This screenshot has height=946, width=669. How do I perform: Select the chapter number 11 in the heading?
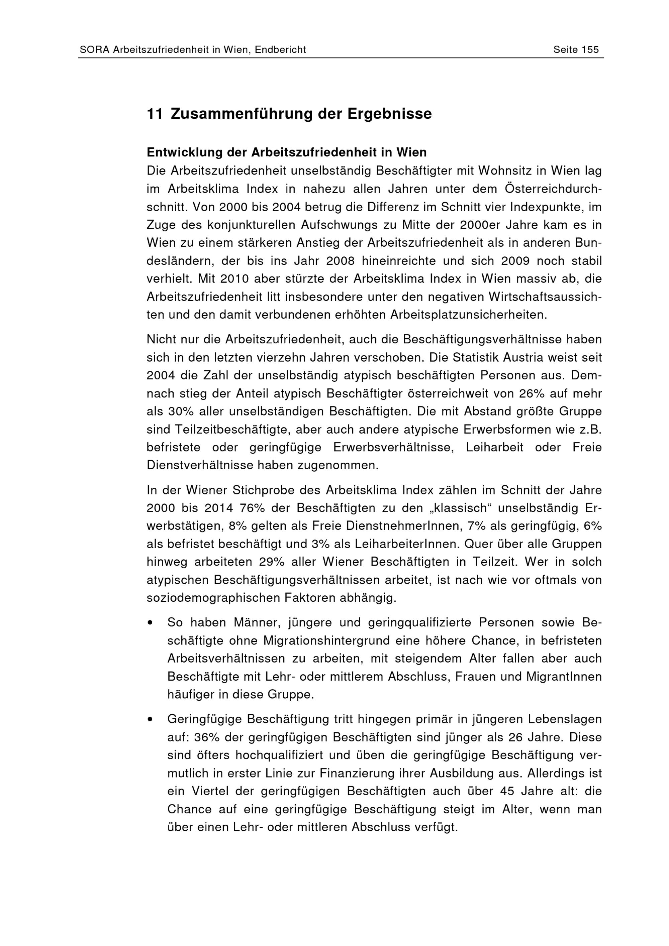coord(155,114)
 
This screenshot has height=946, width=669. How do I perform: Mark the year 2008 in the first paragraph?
coord(341,261)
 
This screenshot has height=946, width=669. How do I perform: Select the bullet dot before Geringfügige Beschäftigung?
coord(151,719)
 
